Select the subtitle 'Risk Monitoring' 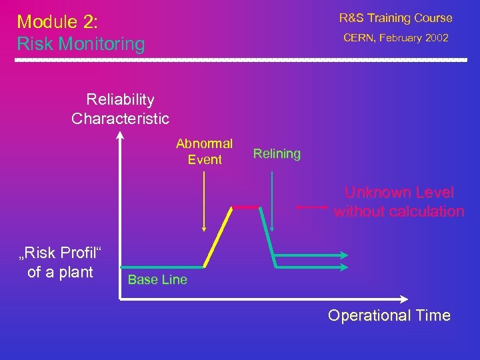tap(81, 45)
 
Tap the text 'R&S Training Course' tap(395, 18)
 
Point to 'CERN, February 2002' tap(395, 38)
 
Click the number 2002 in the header tap(436, 38)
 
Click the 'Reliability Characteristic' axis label tap(120, 109)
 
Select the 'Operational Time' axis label tap(389, 315)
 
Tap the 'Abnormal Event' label tap(205, 151)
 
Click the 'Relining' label tap(277, 154)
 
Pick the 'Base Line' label tap(157, 280)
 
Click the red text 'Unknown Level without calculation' tap(399, 202)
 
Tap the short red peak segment tap(245, 208)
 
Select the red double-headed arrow tap(311, 208)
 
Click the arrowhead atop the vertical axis tap(120, 136)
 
